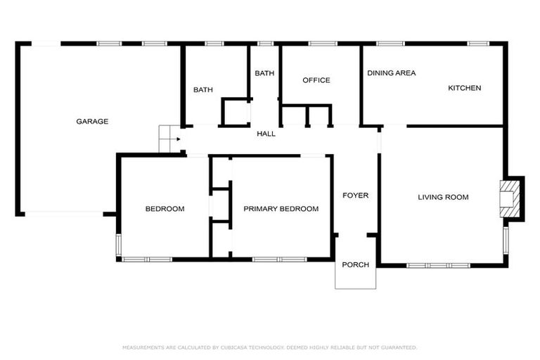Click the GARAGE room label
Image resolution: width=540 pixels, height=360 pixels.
click(92, 122)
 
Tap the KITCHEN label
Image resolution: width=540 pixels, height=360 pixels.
click(465, 88)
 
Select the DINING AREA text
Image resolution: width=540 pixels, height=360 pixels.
click(391, 73)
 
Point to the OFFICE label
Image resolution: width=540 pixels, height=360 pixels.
click(316, 80)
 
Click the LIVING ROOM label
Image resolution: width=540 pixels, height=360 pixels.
click(443, 197)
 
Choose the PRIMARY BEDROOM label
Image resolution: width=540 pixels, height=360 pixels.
click(281, 209)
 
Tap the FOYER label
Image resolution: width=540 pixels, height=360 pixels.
click(355, 195)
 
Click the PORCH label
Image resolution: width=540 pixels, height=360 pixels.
click(355, 264)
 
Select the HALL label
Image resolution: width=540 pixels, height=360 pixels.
click(266, 134)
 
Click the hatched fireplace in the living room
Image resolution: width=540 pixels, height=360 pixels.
click(508, 198)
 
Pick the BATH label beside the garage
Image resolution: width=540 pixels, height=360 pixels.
click(203, 89)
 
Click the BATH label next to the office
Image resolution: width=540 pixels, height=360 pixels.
click(264, 73)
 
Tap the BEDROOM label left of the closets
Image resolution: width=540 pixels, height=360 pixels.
click(165, 209)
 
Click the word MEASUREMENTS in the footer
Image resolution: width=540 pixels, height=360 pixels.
click(145, 347)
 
